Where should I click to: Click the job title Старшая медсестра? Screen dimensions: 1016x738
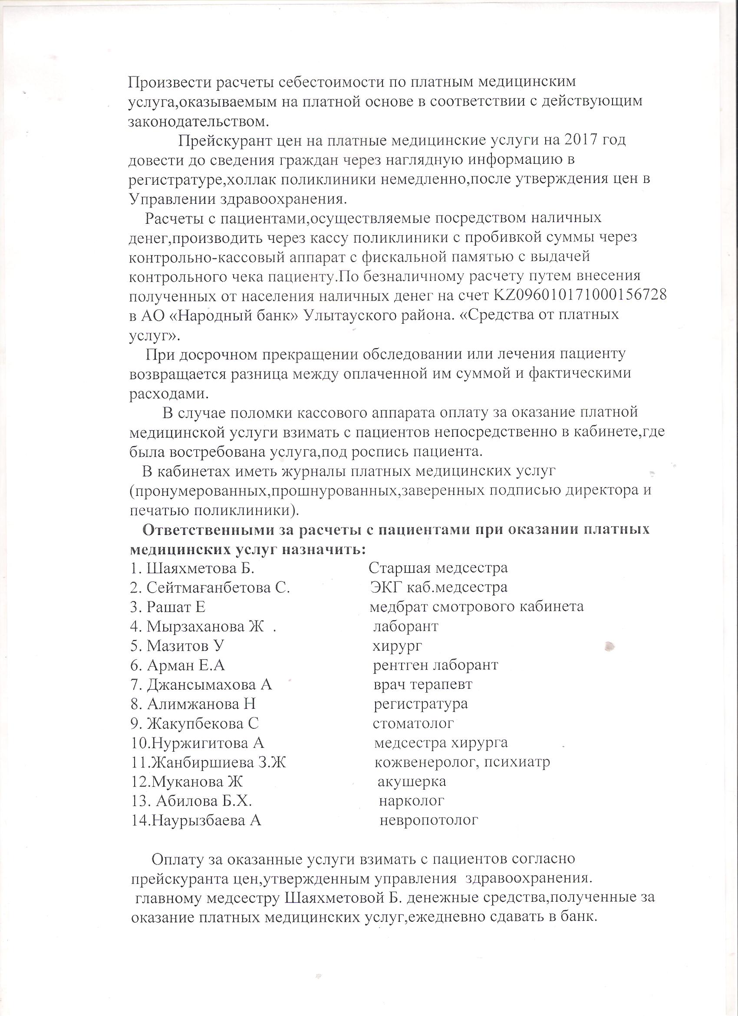click(438, 568)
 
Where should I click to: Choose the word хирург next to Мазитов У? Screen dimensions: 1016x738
click(397, 645)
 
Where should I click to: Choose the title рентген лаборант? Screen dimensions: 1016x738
click(435, 665)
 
